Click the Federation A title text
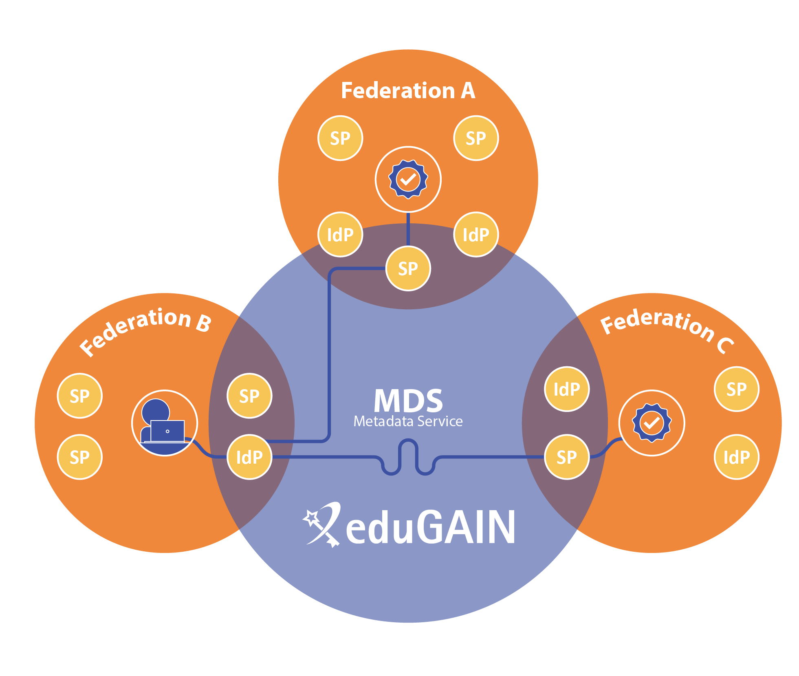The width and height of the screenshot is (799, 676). tap(408, 90)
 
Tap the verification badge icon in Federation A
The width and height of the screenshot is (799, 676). tap(408, 179)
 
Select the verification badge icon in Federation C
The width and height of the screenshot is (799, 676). tap(652, 423)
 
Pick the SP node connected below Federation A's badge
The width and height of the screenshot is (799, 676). tap(408, 269)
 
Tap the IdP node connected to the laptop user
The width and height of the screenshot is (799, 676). tap(249, 457)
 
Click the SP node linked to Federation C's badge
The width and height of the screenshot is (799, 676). tap(567, 457)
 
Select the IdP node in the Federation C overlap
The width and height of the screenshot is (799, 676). tap(567, 389)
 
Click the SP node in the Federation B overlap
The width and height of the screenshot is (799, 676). tap(249, 396)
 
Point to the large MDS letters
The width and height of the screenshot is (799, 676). tap(408, 401)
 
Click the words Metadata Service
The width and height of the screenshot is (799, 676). tap(408, 421)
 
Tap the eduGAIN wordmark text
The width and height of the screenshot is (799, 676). tap(431, 527)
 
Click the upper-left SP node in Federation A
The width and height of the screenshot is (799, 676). tap(340, 138)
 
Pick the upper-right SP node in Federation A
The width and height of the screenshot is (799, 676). tap(476, 138)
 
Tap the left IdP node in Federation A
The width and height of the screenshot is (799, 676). tap(340, 234)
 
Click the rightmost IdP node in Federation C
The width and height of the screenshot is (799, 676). tap(736, 457)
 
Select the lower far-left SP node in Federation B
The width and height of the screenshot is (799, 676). tap(79, 457)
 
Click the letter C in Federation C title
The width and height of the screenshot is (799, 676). tap(725, 346)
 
